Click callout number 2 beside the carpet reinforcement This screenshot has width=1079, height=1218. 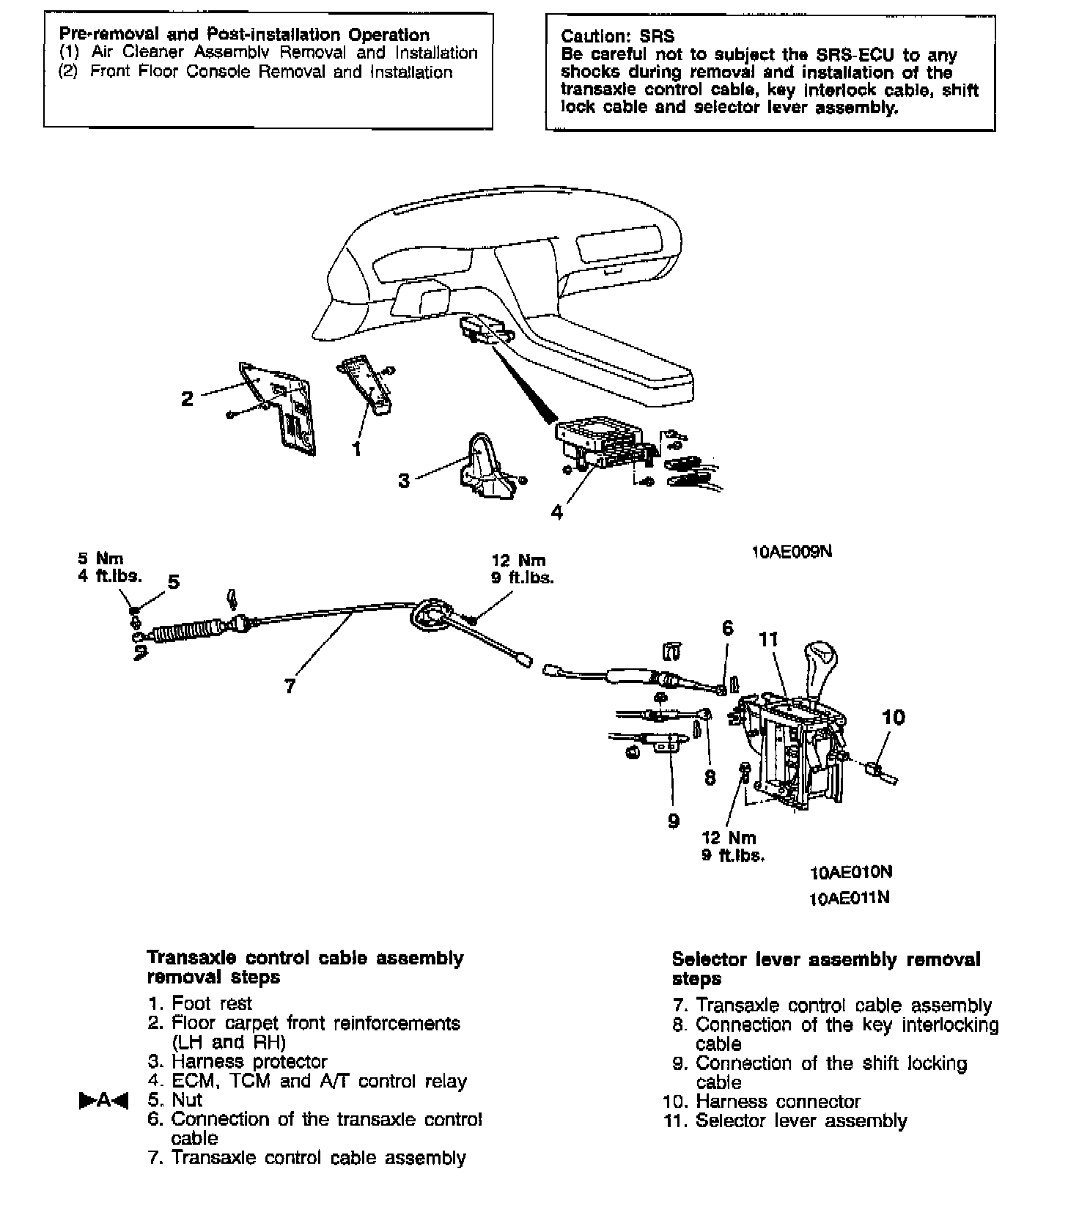coord(188,399)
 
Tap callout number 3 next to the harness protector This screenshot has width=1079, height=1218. coord(404,481)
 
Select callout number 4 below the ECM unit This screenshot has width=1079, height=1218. coord(557,512)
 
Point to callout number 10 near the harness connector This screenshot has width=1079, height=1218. coord(894,717)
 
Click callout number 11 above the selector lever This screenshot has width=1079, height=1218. coord(768,640)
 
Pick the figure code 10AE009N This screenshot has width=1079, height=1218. coord(792,552)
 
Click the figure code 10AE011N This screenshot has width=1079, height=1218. coord(850,897)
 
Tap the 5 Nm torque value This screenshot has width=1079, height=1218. coord(101,559)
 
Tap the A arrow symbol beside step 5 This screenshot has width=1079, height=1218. coord(103,1100)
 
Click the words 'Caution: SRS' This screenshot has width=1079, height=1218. coord(617,36)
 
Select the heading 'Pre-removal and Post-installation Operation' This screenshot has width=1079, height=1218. coord(244,34)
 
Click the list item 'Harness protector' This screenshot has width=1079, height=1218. coord(249,1061)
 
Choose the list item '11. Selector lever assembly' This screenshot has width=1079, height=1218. coord(786,1121)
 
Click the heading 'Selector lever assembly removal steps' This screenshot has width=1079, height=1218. coord(825,969)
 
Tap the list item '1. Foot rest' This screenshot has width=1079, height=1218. coord(200,1003)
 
